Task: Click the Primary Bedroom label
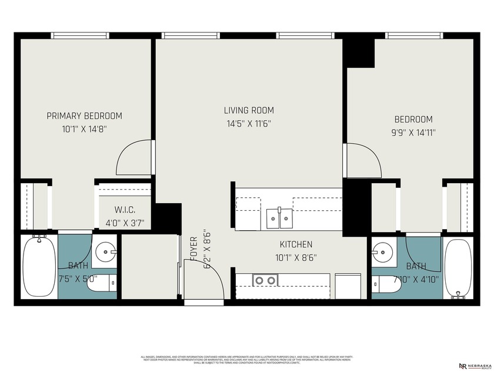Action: (85, 116)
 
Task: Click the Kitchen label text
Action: (296, 244)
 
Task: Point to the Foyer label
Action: (193, 250)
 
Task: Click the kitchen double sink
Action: (279, 218)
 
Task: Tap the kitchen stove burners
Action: (263, 281)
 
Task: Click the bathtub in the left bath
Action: (39, 266)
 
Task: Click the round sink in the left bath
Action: (105, 253)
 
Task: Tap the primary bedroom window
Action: (80, 35)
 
